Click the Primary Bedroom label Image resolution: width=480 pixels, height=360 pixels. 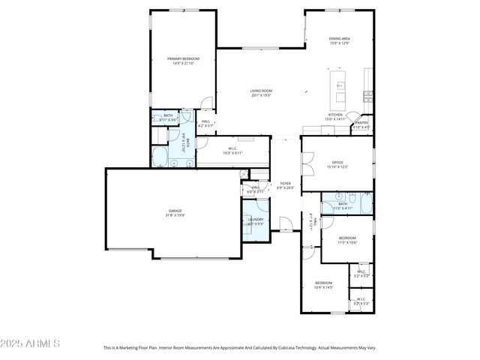pyautogui.click(x=181, y=61)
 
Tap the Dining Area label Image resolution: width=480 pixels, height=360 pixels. pyautogui.click(x=340, y=40)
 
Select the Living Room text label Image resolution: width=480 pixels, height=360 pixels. pyautogui.click(x=261, y=93)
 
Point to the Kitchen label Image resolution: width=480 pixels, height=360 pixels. pyautogui.click(x=334, y=117)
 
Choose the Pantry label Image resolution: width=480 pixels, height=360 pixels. pyautogui.click(x=361, y=124)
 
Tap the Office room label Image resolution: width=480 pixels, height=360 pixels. pyautogui.click(x=337, y=164)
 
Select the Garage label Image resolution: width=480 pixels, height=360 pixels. pyautogui.click(x=175, y=213)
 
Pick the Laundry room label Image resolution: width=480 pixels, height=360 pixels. pyautogui.click(x=256, y=221)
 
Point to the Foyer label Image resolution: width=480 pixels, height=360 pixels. pyautogui.click(x=285, y=185)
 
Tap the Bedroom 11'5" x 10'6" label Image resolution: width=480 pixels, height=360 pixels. pyautogui.click(x=346, y=240)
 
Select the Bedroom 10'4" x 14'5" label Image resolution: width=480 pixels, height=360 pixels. pyautogui.click(x=323, y=285)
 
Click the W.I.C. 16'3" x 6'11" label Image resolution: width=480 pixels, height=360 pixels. pyautogui.click(x=232, y=151)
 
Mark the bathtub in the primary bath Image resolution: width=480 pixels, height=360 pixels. pyautogui.click(x=160, y=156)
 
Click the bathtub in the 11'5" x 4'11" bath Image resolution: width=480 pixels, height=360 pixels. pyautogui.click(x=364, y=204)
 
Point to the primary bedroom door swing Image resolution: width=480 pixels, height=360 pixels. pyautogui.click(x=208, y=103)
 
